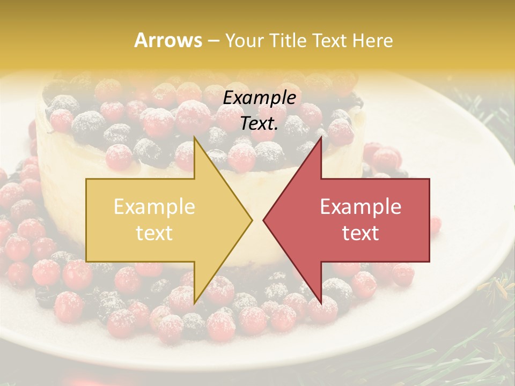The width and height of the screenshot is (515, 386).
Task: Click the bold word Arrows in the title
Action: tap(168, 40)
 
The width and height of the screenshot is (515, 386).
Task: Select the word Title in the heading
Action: tap(289, 40)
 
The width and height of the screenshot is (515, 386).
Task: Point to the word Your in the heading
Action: tap(243, 41)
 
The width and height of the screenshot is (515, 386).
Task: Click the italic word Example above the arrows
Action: tap(260, 98)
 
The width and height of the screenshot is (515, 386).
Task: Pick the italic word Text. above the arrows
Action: tap(260, 124)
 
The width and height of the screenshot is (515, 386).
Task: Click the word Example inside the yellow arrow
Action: tap(154, 207)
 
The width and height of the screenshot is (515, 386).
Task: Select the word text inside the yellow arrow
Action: tap(154, 233)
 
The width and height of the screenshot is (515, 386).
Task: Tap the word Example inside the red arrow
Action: tap(360, 207)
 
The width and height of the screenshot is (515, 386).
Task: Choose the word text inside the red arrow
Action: tap(360, 233)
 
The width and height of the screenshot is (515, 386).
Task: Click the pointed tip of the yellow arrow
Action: tap(252, 220)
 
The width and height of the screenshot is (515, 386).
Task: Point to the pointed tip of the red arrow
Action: tap(263, 220)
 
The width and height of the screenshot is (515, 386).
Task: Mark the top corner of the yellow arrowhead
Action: tap(194, 137)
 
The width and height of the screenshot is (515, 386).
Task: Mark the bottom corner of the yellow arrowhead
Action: tap(194, 303)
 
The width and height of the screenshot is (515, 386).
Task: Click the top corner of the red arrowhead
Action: tap(321, 137)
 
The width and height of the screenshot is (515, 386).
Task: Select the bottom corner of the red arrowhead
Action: tap(321, 303)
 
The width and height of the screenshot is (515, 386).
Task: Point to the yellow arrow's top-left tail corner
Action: tap(86, 179)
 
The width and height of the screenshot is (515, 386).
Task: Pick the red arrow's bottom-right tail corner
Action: tap(429, 262)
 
